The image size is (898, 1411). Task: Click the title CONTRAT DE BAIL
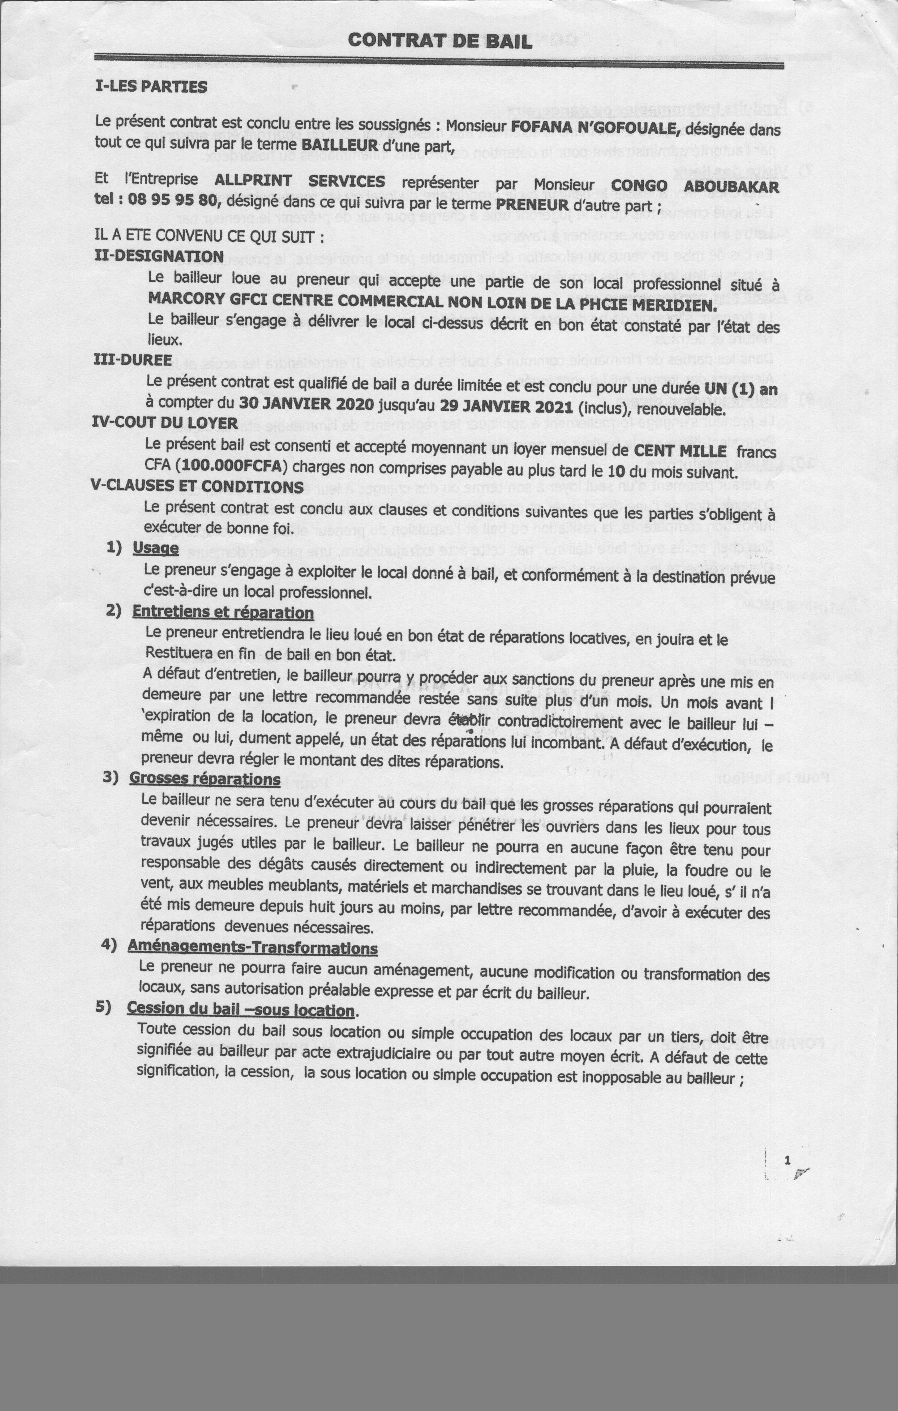pos(440,41)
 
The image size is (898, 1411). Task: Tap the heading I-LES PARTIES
pos(151,87)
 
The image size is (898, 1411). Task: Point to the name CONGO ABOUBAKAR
pos(695,186)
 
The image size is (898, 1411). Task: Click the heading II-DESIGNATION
pos(159,257)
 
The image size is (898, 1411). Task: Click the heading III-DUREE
pos(133,360)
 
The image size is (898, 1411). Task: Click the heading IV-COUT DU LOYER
pos(165,423)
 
